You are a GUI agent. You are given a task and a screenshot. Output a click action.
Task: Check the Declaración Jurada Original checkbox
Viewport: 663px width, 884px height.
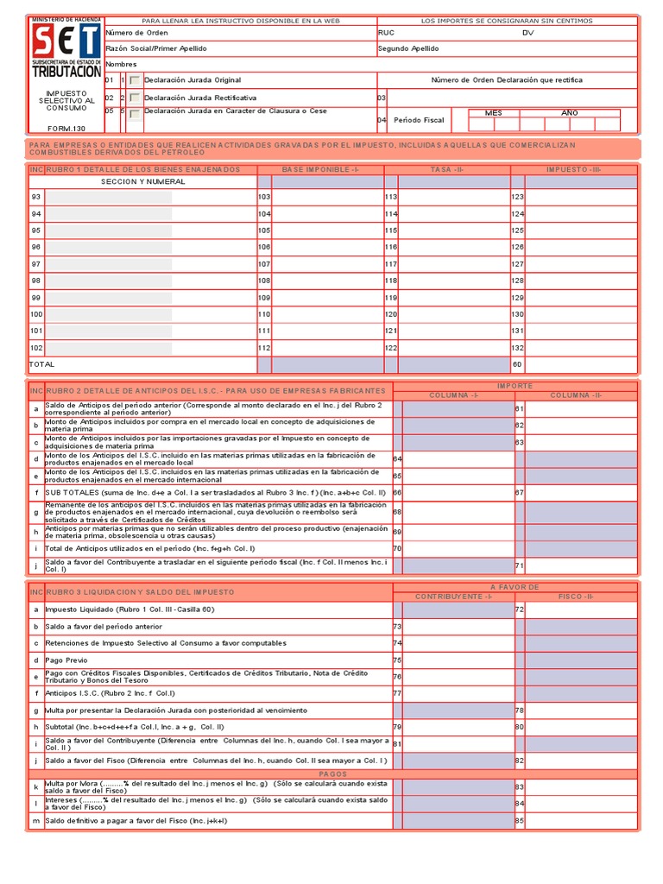[x=135, y=80]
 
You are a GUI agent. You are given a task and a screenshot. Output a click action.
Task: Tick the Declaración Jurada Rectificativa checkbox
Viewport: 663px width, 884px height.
[x=135, y=98]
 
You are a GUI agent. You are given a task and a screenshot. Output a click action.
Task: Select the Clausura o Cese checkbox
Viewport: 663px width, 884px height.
[x=135, y=114]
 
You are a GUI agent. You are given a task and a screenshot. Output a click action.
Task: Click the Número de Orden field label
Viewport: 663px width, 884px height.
[x=137, y=33]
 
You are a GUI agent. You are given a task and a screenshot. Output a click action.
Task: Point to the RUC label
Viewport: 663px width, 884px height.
[x=386, y=33]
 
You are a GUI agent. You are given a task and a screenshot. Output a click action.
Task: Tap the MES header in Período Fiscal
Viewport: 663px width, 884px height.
[x=493, y=113]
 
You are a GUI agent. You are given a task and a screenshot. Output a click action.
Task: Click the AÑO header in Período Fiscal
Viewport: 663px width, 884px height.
[x=570, y=113]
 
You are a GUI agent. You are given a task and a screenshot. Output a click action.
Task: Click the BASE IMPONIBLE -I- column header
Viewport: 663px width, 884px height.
[x=319, y=169]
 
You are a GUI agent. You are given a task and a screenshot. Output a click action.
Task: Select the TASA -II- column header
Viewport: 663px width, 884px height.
[x=447, y=169]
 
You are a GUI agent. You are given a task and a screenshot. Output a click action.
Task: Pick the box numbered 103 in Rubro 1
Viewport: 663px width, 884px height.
[x=264, y=197]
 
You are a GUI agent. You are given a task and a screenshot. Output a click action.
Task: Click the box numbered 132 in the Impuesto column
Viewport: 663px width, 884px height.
[x=517, y=348]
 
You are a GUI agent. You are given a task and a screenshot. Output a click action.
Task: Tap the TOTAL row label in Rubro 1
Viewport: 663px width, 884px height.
[x=41, y=365]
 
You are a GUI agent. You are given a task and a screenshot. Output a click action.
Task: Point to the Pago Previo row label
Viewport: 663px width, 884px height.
[x=66, y=660]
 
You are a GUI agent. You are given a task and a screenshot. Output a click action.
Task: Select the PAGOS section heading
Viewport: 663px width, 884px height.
[x=332, y=774]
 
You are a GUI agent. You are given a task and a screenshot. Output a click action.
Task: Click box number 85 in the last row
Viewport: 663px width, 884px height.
[x=520, y=821]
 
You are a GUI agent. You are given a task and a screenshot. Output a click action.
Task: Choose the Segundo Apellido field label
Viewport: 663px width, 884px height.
[x=408, y=49]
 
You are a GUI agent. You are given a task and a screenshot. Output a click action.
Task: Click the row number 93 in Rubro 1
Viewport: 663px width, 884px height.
[x=36, y=197]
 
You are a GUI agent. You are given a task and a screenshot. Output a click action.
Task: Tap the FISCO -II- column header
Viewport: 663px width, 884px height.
[x=576, y=597]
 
